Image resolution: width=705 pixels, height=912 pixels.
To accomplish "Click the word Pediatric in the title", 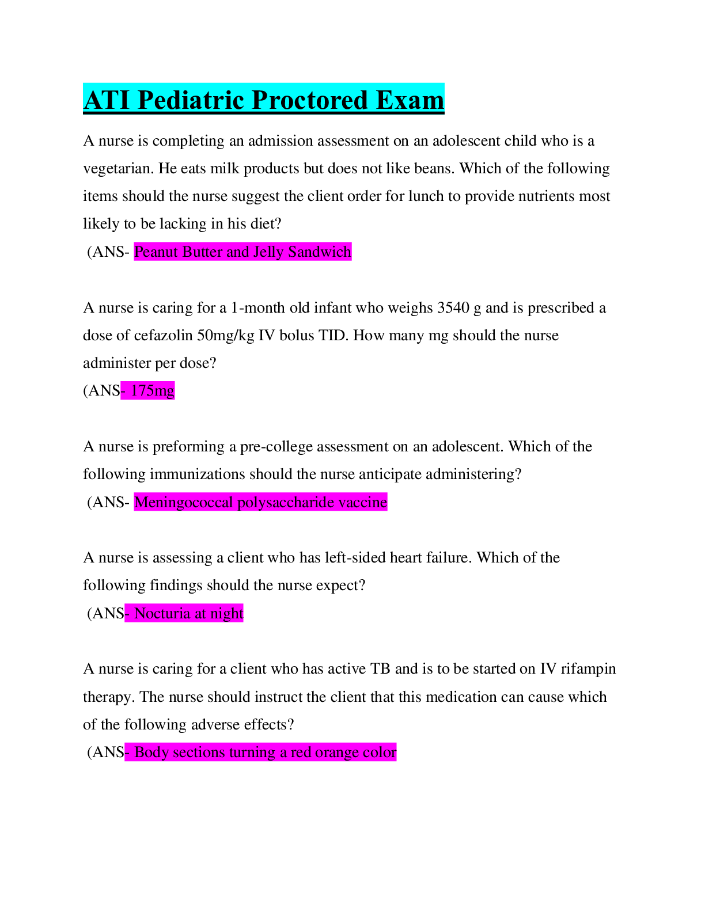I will point(191,100).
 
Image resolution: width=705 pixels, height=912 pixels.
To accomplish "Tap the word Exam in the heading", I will point(410,100).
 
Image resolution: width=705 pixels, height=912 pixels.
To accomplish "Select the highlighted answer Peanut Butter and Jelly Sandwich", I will point(242,252).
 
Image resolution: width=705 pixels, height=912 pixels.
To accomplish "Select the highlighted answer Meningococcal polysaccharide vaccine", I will point(260,502).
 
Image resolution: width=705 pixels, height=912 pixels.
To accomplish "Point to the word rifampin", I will point(588,668).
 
